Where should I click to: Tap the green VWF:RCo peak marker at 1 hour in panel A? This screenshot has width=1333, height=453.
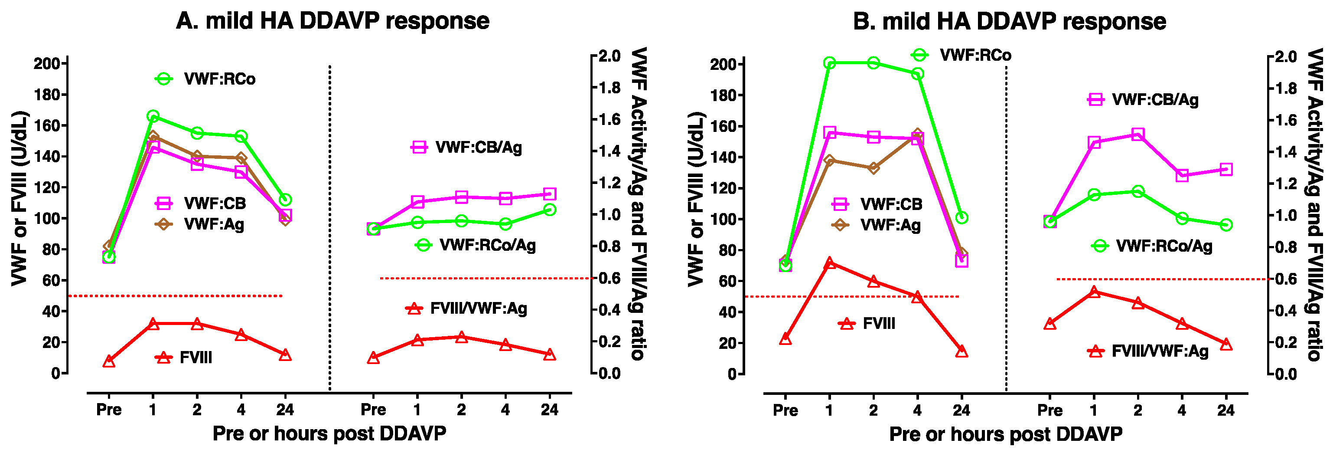click(153, 116)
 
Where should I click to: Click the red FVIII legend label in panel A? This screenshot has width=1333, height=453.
click(196, 358)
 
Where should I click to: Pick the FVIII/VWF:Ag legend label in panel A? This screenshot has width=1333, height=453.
click(479, 309)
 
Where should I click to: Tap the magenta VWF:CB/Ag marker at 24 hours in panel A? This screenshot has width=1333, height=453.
click(550, 194)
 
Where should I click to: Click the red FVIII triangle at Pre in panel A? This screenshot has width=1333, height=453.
click(109, 361)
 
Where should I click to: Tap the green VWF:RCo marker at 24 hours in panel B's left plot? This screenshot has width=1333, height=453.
click(961, 218)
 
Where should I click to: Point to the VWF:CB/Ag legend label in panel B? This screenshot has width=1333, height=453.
click(1155, 100)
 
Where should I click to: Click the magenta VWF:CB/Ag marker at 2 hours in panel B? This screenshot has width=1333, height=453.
click(1137, 135)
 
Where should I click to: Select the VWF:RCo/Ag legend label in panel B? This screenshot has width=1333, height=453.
click(1164, 246)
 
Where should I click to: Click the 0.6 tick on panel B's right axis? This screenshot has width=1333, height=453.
click(1286, 279)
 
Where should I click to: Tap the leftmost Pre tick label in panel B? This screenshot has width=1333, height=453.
click(785, 410)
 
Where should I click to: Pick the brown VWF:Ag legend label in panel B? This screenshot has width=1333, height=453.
click(890, 225)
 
